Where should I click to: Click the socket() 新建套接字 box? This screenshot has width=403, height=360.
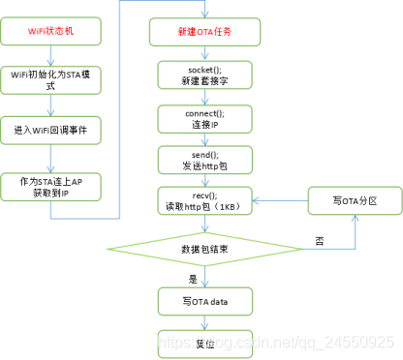205,76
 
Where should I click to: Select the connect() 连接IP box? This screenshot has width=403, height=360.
205,118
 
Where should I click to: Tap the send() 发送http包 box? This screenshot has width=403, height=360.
205,160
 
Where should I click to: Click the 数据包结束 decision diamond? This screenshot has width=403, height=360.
205,249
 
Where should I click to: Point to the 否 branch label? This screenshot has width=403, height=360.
320,239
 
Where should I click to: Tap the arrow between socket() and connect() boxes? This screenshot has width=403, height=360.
205,98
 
